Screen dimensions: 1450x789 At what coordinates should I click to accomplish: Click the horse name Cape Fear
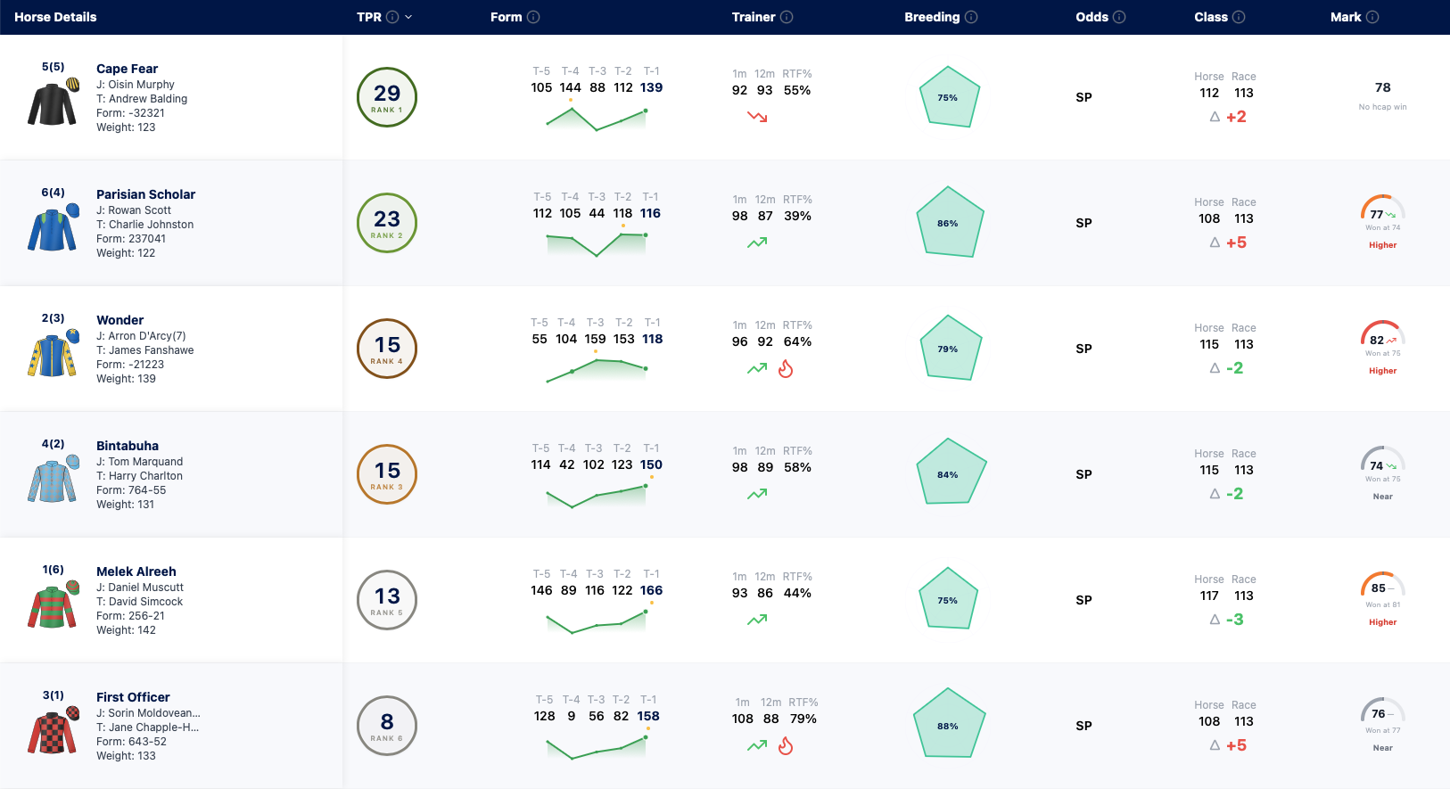127,69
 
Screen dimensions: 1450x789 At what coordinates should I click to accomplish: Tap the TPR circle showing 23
386,223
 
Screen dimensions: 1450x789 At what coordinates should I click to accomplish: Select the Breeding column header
932,17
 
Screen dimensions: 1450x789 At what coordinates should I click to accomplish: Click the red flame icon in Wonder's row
786,368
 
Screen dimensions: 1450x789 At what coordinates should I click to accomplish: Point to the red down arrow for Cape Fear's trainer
757,117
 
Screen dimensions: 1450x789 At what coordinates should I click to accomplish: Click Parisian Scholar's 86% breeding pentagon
949,222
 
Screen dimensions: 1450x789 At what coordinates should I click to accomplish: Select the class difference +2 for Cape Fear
1236,117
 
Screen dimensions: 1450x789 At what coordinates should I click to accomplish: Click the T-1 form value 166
651,590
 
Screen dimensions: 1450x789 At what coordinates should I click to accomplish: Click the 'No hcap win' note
1382,107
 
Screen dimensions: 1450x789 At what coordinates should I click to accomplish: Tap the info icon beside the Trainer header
787,17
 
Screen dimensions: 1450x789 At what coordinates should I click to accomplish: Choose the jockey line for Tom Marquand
139,462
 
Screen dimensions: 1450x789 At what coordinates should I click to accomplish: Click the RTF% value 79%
803,719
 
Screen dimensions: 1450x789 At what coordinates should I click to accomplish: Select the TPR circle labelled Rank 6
386,726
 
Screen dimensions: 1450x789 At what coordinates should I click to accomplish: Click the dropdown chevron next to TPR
408,18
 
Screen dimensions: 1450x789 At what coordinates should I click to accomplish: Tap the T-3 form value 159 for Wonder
595,339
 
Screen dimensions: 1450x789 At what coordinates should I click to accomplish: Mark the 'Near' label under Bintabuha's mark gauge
1382,497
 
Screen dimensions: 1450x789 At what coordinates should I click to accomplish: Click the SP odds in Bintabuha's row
1083,474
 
